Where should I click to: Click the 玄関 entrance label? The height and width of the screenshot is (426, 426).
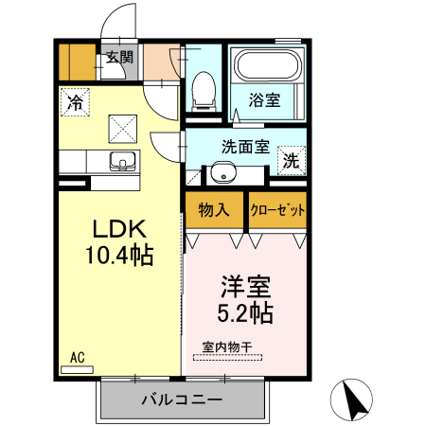[119, 58]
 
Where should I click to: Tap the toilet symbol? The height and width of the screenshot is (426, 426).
[201, 92]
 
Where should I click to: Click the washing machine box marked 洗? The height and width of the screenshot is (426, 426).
[293, 160]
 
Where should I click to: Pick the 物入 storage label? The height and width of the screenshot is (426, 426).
[214, 209]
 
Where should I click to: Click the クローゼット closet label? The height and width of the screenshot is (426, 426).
[277, 210]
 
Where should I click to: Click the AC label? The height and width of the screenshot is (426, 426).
[78, 357]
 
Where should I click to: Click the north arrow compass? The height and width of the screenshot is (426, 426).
[354, 400]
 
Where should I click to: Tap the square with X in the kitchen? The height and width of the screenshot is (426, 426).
[121, 126]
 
